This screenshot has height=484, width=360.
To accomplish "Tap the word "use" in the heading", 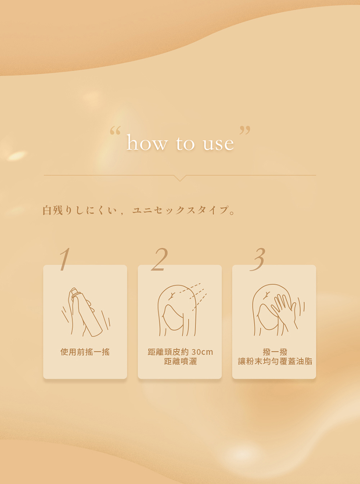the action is [x=218, y=144].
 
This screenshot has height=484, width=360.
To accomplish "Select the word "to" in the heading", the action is [x=185, y=143].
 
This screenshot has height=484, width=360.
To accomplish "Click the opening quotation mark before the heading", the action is [x=115, y=131].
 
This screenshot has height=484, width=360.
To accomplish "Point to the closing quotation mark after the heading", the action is [x=245, y=129].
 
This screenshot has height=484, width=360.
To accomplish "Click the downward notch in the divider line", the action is [x=180, y=178].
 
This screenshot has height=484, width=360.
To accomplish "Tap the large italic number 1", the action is [x=65, y=259].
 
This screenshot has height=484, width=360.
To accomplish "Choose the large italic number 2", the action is [x=160, y=259].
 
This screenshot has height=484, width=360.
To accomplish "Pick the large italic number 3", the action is [x=258, y=259].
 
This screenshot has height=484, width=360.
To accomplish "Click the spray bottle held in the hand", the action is [x=87, y=312].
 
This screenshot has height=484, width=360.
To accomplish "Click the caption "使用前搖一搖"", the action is [x=85, y=352].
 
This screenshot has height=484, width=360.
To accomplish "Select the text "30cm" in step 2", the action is [x=202, y=352].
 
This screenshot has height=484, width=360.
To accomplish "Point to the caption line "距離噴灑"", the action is [x=180, y=361].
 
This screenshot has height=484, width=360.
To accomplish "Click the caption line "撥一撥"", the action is [x=275, y=352].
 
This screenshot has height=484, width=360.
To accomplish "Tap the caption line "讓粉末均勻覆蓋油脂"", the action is [x=275, y=361].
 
